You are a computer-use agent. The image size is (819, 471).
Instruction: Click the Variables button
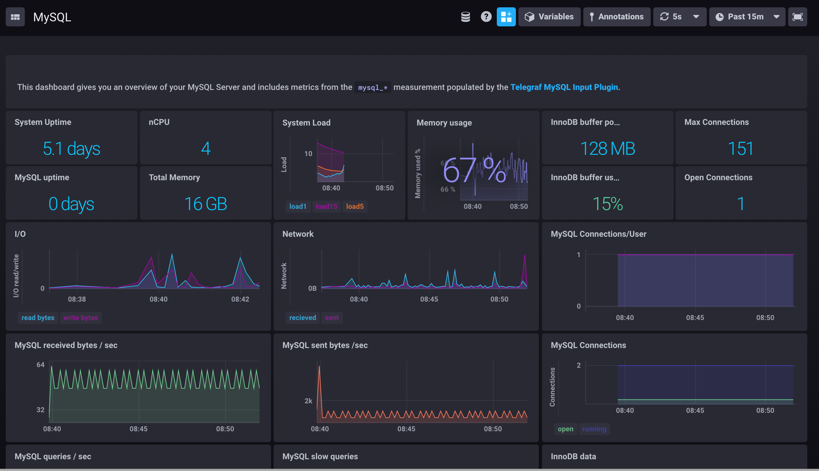549,17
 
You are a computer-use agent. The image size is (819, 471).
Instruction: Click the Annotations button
616,17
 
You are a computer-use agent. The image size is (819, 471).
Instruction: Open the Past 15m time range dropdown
746,17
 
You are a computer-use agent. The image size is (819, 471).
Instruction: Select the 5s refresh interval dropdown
679,17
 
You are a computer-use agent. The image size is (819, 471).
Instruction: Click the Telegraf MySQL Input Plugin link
564,87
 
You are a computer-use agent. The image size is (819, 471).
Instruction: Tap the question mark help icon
486,17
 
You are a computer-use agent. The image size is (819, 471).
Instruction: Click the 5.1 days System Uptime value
72,149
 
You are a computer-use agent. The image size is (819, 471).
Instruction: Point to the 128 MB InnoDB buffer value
607,149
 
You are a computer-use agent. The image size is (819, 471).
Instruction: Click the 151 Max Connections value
740,149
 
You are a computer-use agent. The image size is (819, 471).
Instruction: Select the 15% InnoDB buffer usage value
607,204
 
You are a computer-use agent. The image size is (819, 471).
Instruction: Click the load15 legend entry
326,206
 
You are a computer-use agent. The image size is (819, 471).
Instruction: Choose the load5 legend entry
355,206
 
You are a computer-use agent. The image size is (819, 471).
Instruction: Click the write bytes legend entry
80,318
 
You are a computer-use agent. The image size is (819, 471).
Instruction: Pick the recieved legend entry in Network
302,318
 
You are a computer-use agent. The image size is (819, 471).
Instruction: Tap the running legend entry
594,429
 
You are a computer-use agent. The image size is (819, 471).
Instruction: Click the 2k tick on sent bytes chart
308,401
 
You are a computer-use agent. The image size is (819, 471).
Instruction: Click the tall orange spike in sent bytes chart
319,369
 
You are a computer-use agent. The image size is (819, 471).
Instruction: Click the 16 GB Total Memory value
205,204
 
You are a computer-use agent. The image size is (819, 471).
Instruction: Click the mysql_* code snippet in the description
372,88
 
